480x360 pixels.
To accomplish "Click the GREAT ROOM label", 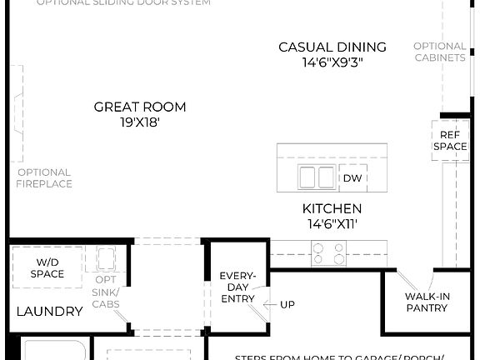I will [x=139, y=107].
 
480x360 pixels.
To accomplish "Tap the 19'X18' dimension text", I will [x=139, y=122].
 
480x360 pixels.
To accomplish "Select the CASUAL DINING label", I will [x=332, y=47].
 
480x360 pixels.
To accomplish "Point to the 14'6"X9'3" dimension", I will [x=332, y=62].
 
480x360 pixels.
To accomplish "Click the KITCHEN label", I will [x=332, y=208].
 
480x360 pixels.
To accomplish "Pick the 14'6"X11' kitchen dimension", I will [x=332, y=223].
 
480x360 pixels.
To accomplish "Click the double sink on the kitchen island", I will [x=317, y=177].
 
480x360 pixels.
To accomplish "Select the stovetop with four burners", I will [x=329, y=251].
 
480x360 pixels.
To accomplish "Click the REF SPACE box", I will [x=449, y=140].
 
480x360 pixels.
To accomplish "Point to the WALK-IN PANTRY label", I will [x=427, y=302].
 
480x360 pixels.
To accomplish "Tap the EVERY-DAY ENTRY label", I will [x=237, y=287].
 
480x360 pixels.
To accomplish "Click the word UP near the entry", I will [x=287, y=305].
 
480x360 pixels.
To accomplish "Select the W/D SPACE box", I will [x=47, y=267].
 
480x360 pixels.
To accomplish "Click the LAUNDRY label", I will [x=50, y=312].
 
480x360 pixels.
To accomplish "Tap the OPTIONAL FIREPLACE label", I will [x=44, y=177].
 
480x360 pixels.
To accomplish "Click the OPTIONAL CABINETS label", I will [x=439, y=52].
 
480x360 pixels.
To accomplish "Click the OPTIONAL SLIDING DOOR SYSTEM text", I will [x=122, y=2].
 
